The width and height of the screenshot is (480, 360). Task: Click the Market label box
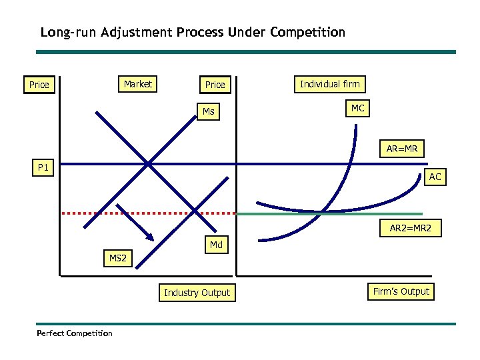[x=138, y=84]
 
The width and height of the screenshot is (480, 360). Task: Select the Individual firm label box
[x=329, y=84]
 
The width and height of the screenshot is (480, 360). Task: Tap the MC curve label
[x=357, y=108]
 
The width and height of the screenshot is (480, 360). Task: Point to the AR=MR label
[x=401, y=149]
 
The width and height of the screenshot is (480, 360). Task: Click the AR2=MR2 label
[x=411, y=228]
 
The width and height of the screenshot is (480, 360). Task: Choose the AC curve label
[x=435, y=177]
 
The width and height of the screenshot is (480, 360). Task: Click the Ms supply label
[x=209, y=111]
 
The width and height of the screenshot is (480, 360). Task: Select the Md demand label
[x=216, y=245]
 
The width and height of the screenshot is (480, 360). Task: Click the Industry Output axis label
[x=197, y=293]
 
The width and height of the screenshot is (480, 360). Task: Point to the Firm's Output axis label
[x=401, y=291]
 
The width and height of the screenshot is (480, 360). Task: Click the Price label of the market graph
[x=39, y=85]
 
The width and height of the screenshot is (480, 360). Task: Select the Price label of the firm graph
[x=215, y=85]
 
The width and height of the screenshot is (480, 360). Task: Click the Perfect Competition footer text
[x=75, y=333]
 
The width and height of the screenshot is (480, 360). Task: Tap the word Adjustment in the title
[x=137, y=32]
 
